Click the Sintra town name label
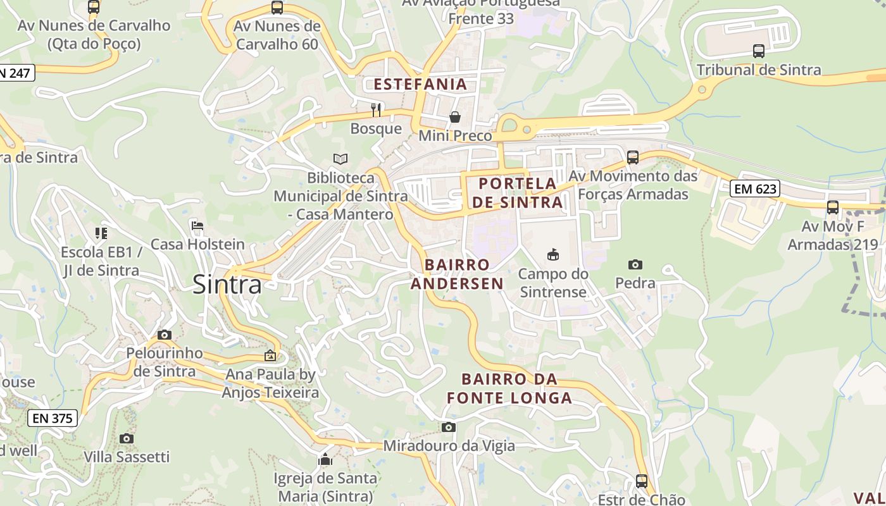pos(227,285)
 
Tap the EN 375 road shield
pos(53,418)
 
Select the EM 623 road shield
pos(754,188)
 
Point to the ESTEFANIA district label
pos(420,84)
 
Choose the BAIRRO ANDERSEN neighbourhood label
pos(457,274)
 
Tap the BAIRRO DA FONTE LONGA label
pos(509,388)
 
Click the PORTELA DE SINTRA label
pos(518,193)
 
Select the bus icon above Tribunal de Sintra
pos(758,51)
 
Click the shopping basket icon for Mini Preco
pos(454,117)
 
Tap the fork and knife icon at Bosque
pos(376,110)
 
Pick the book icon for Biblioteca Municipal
pos(340,159)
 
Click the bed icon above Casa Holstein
pos(197,226)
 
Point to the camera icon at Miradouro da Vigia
pos(449,428)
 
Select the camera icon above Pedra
pos(635,264)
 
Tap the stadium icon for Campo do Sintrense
pos(552,255)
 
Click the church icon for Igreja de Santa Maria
pos(325,459)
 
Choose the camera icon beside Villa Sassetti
pos(127,438)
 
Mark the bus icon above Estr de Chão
pos(641,481)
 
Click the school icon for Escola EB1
pos(101,233)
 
